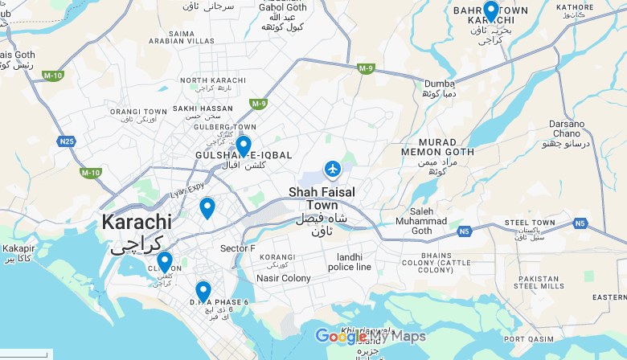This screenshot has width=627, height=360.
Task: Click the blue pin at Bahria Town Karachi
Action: [490, 11]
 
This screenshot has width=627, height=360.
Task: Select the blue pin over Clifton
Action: [165, 262]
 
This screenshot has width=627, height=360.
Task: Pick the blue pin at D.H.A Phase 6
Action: [203, 290]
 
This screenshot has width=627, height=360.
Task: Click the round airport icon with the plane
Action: [332, 169]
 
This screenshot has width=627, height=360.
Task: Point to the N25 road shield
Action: [66, 141]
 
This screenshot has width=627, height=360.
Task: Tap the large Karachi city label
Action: [136, 222]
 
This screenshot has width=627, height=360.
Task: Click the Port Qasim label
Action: [528, 339]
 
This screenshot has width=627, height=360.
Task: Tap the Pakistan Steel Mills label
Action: [537, 282]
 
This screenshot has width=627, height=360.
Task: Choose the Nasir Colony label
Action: [283, 278]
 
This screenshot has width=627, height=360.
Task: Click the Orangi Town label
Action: [137, 112]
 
